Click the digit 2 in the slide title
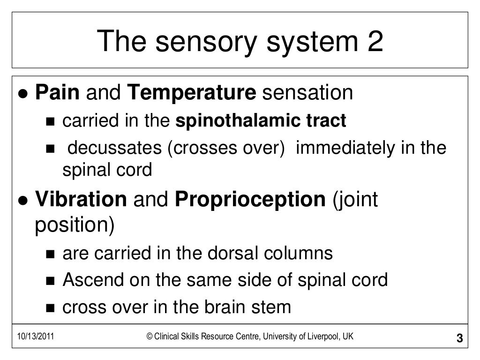373,42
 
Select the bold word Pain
58,93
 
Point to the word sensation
307,93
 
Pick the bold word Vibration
81,200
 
